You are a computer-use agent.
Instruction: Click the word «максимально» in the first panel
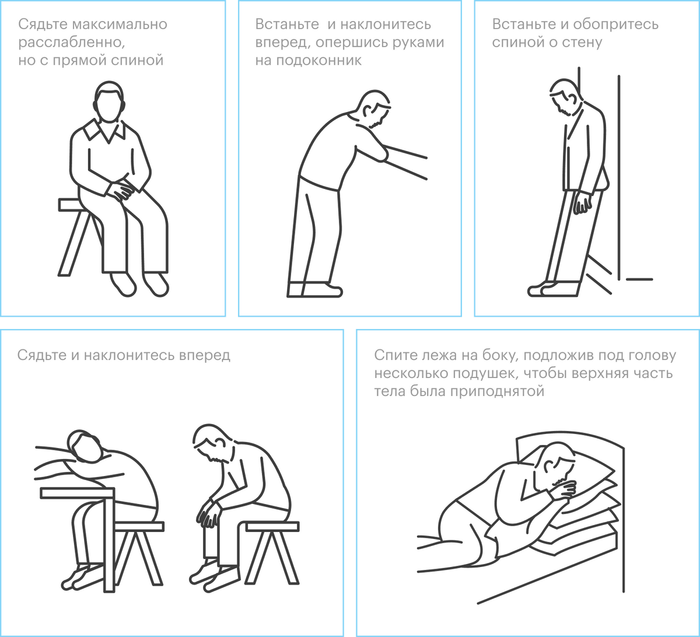(x=120, y=24)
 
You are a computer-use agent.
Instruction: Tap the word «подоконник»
(x=319, y=61)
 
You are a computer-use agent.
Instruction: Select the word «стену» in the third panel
(x=582, y=43)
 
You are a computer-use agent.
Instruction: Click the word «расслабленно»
(x=72, y=43)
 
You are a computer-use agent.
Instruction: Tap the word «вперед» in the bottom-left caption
(x=205, y=356)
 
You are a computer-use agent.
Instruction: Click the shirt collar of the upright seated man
(x=104, y=131)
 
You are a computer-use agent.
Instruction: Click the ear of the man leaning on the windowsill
(x=367, y=111)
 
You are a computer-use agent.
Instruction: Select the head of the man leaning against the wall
(x=565, y=97)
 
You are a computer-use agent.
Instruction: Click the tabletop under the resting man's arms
(x=77, y=493)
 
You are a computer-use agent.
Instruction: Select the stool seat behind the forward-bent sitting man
(x=272, y=526)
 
